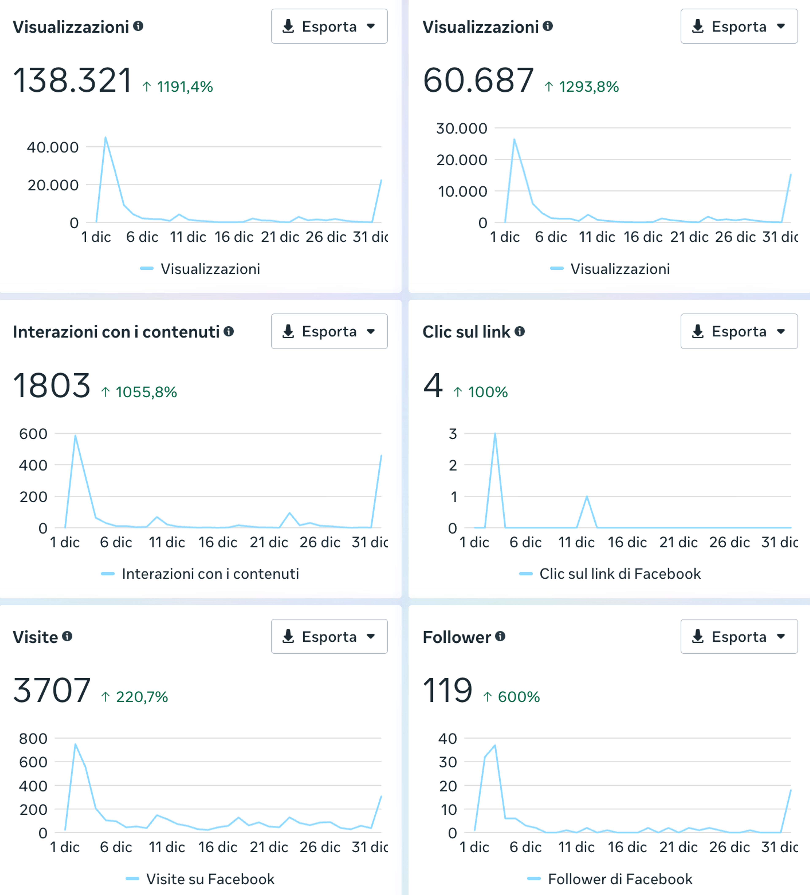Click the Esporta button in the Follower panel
coord(739,636)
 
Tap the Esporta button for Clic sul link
coord(739,331)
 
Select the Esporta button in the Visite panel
coord(329,636)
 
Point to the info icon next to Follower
coord(500,636)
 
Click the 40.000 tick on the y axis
coord(53,147)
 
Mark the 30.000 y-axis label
coord(462,128)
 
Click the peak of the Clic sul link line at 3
coord(495,433)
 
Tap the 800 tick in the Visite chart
coord(33,738)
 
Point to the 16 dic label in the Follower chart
coord(627,847)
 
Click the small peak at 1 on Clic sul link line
coord(587,496)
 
